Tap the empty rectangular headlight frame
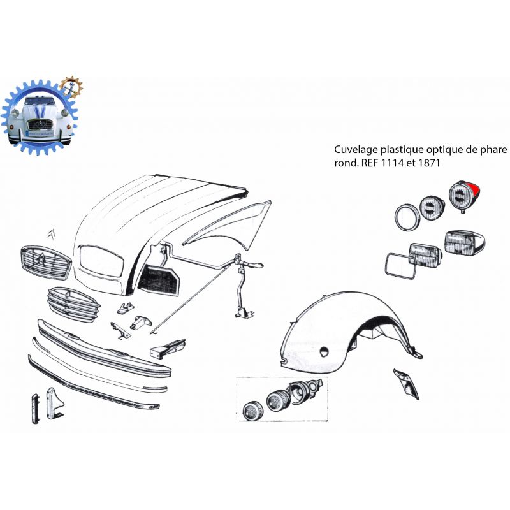[x=387, y=266]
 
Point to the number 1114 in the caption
[x=391, y=163]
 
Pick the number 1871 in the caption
[x=429, y=163]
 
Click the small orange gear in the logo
[x=71, y=87]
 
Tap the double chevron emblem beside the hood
[x=51, y=234]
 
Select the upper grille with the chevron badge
[x=46, y=262]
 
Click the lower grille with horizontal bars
[x=74, y=305]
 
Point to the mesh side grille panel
[x=159, y=280]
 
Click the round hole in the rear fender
[x=324, y=352]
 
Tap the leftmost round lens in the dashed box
[x=253, y=411]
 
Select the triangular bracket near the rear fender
[x=407, y=384]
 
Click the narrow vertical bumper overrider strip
[x=36, y=409]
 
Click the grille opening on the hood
[x=101, y=261]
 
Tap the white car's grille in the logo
[x=40, y=124]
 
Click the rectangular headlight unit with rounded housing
[x=465, y=242]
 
